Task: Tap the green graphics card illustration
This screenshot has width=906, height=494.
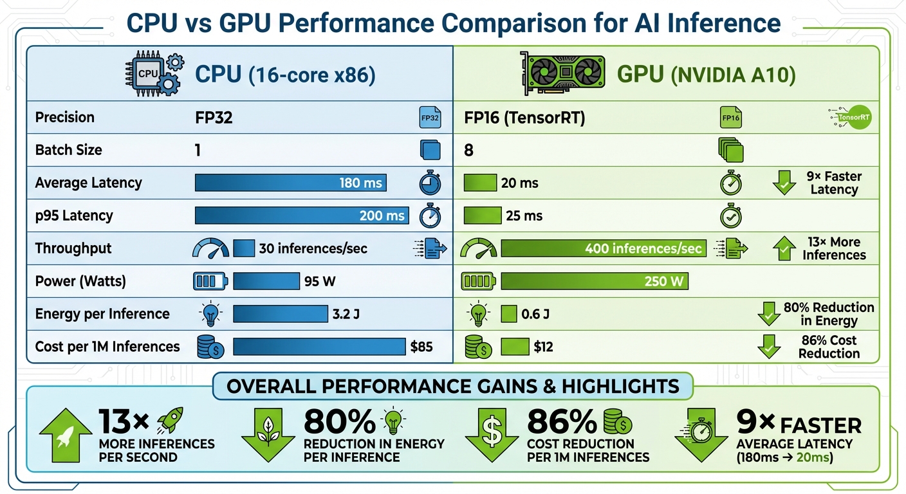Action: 562,73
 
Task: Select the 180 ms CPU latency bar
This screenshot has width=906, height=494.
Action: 290,183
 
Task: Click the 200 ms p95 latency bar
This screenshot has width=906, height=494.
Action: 301,215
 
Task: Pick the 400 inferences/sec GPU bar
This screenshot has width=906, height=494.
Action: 603,248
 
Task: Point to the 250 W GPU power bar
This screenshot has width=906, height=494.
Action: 594,281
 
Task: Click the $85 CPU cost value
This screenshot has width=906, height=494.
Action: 421,347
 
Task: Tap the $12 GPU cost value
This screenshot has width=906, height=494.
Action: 543,347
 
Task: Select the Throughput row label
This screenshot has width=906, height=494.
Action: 73,248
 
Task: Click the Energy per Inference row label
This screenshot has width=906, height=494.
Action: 102,314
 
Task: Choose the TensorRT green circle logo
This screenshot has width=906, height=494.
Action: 852,118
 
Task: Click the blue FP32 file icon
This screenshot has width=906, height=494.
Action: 429,118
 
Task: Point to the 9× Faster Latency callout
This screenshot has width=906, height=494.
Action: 833,183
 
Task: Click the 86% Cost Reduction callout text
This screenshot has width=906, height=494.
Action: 829,347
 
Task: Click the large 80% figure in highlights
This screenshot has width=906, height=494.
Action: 339,422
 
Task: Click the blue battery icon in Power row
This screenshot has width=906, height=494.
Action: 210,281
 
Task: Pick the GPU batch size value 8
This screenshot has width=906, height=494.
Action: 468,151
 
